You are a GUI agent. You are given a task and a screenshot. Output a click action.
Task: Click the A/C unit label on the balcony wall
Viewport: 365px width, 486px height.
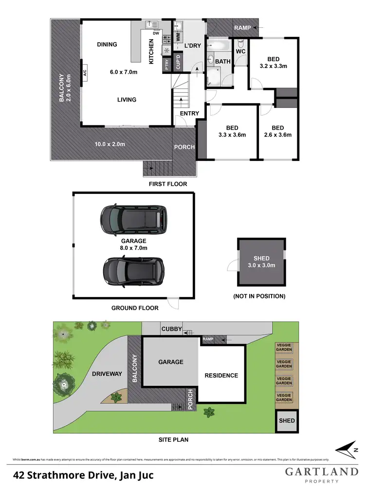(x=84, y=73)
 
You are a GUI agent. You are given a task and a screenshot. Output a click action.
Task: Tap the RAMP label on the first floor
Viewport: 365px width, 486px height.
(x=242, y=28)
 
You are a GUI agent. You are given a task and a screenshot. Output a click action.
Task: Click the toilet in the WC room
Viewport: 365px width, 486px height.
(x=240, y=59)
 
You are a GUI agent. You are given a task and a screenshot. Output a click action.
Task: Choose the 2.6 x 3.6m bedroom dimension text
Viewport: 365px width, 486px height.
(x=278, y=135)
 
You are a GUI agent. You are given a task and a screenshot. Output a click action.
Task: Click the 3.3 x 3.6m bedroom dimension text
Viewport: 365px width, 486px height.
(x=232, y=135)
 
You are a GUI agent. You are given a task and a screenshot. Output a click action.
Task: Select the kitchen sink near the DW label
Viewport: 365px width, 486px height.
(x=151, y=25)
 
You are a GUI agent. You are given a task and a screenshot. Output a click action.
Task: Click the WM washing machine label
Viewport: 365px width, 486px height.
(x=178, y=36)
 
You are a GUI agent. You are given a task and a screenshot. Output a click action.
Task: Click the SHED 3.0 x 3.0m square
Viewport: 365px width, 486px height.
(x=261, y=262)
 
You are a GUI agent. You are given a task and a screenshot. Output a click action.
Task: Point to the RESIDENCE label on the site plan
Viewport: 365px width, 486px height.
(x=221, y=375)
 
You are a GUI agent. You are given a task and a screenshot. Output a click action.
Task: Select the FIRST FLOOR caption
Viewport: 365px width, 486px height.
(x=168, y=184)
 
